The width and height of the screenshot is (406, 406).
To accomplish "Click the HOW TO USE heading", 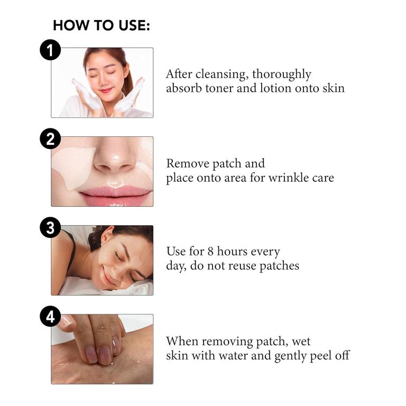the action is pyautogui.click(x=101, y=25).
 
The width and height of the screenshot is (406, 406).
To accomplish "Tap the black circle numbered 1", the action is pyautogui.click(x=50, y=50).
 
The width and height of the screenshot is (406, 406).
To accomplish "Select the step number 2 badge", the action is pyautogui.click(x=50, y=139).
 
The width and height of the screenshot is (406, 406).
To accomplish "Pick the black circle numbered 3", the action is pyautogui.click(x=50, y=228).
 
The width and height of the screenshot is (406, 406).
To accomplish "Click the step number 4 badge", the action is pyautogui.click(x=50, y=317).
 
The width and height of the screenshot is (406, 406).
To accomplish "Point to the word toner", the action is pyautogui.click(x=219, y=88).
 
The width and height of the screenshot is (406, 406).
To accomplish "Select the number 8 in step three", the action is pyautogui.click(x=210, y=252).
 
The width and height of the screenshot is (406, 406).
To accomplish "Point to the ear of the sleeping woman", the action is pyautogui.click(x=107, y=235).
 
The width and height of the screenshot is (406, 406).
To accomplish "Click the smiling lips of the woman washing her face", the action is pyautogui.click(x=106, y=90).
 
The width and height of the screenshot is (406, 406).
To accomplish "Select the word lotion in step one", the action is pyautogui.click(x=275, y=88).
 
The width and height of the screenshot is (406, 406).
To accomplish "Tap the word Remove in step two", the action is pyautogui.click(x=188, y=164).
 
